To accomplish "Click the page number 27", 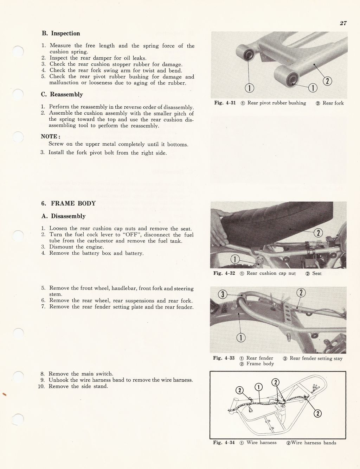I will coord(343,23).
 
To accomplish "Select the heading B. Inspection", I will coord(61,33).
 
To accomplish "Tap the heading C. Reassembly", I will coord(62,94).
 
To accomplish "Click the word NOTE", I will coord(50,137).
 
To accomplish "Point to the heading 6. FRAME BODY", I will coord(68,203).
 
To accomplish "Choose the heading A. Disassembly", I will coord(63,216).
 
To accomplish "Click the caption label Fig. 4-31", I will coord(225,103).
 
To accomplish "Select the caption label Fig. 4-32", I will coord(224,273).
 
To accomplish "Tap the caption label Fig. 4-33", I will coord(224,358).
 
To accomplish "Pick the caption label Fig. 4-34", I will coord(224,443).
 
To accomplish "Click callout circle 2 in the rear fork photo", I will coord(327,81).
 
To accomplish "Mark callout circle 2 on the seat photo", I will coord(318,233).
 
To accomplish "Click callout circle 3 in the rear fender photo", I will coord(222,294).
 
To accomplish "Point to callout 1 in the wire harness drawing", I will coord(258,387).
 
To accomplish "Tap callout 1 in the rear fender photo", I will coord(241,338).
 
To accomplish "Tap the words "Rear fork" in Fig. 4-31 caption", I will coord(333,103).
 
